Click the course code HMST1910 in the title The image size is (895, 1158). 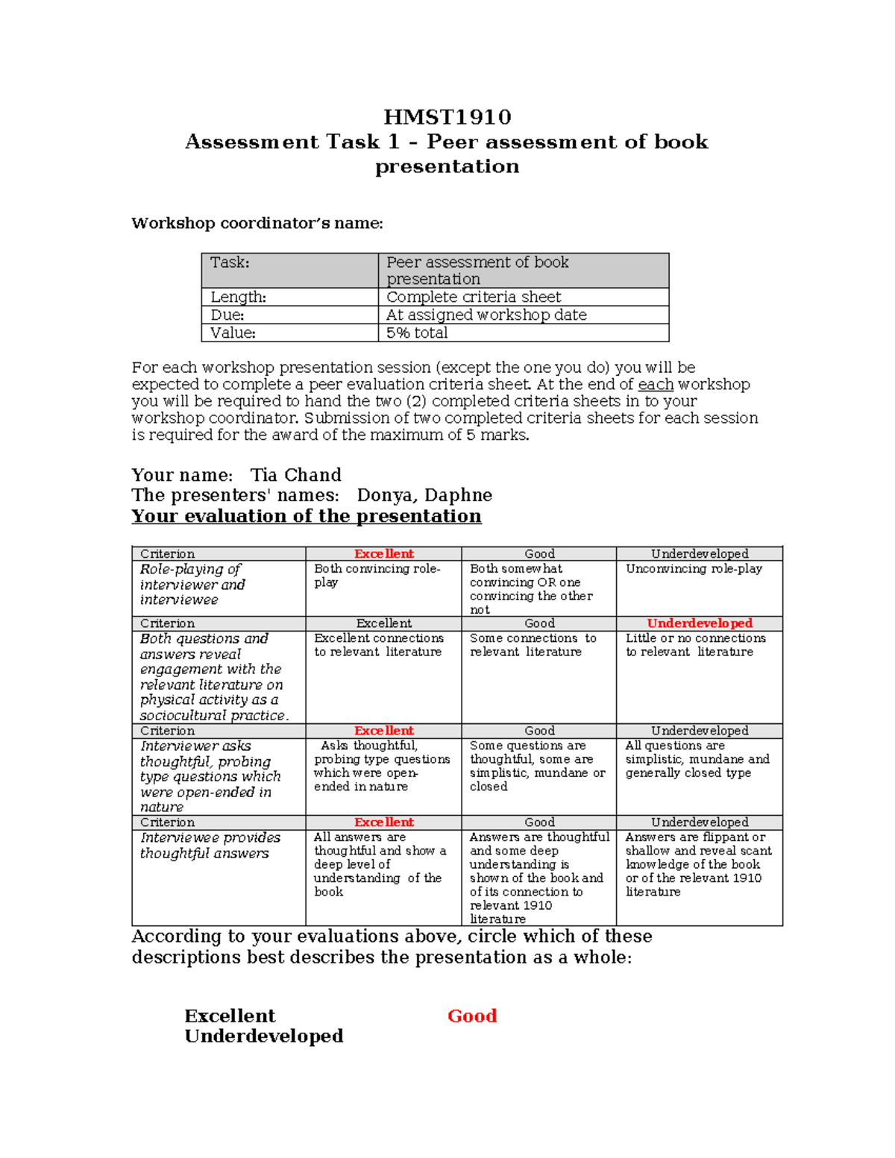447,117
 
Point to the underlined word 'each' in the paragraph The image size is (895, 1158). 656,385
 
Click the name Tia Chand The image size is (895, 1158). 295,475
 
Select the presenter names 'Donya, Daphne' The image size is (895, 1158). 424,495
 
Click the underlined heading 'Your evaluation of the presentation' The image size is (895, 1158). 306,516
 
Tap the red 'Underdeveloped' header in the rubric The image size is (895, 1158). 699,623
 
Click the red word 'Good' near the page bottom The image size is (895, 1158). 472,1016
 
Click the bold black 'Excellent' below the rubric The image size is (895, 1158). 230,1016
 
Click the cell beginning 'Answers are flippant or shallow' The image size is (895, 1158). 698,864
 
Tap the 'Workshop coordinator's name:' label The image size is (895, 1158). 257,223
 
